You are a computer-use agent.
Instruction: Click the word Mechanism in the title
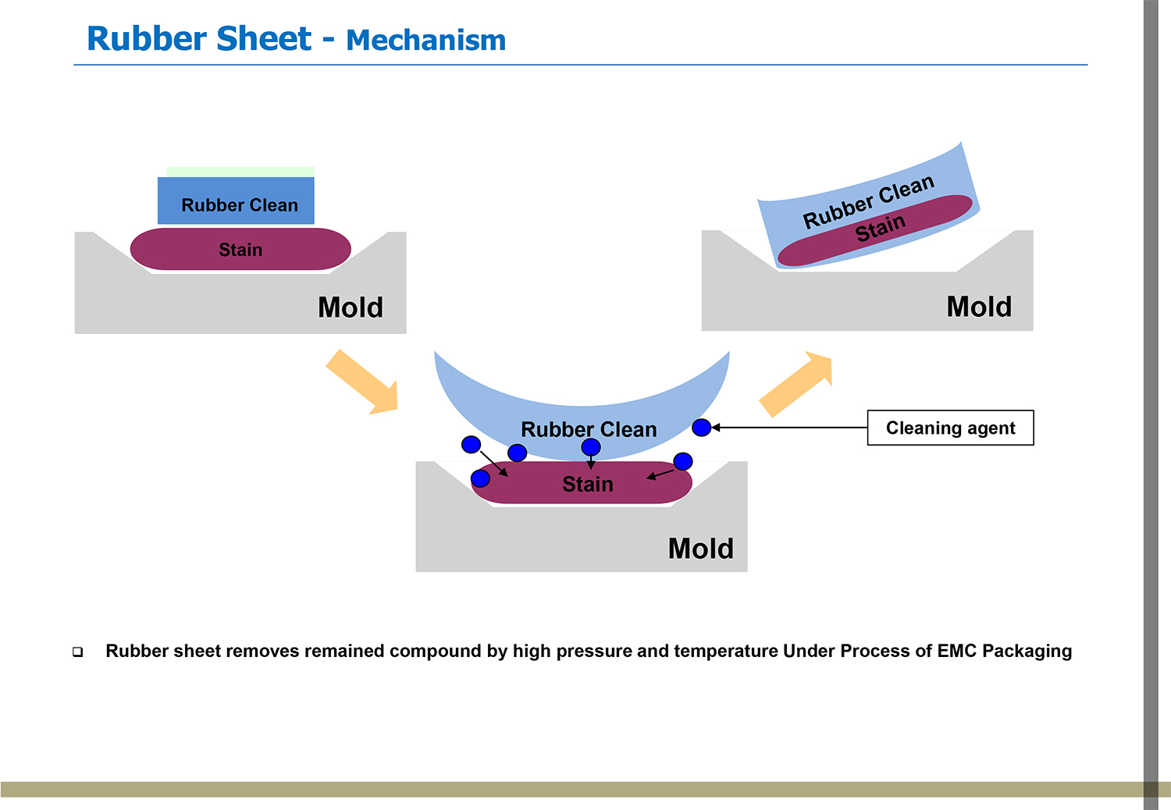click(x=425, y=41)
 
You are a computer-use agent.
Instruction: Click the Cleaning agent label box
click(x=950, y=428)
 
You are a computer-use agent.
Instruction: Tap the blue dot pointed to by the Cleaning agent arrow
click(x=701, y=427)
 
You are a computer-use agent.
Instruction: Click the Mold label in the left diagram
click(x=351, y=307)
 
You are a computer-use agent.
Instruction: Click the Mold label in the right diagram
click(x=979, y=307)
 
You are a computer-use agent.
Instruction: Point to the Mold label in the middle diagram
click(x=700, y=549)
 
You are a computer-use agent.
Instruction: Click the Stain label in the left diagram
click(x=240, y=250)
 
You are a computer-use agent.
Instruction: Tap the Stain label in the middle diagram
click(x=588, y=485)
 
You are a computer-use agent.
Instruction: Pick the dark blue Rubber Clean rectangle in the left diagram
click(x=237, y=201)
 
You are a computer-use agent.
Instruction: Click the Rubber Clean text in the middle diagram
click(x=589, y=429)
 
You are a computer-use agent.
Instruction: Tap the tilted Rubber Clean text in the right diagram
click(x=868, y=201)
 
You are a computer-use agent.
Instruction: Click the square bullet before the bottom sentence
click(x=78, y=652)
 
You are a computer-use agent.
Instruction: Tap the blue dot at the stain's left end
click(x=480, y=478)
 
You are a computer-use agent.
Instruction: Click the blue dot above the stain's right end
click(x=682, y=461)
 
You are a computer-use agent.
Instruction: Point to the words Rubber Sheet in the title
click(x=199, y=39)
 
